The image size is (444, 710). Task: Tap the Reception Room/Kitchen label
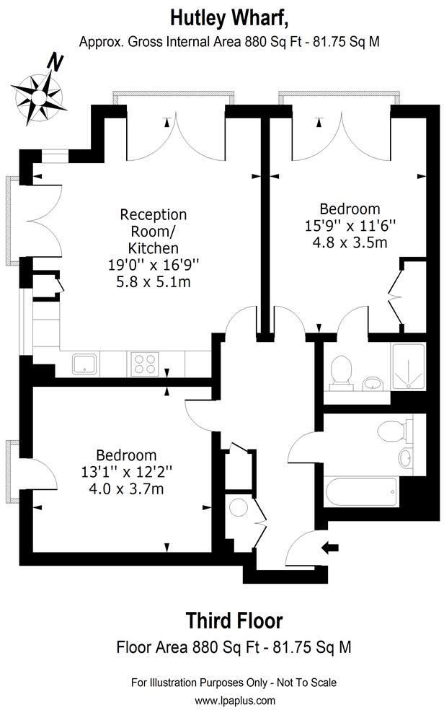[x=153, y=231]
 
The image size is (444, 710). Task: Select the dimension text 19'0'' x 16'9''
[x=153, y=265]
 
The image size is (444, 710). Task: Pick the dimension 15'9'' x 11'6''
[x=351, y=226]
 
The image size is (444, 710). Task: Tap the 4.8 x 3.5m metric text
[x=351, y=242]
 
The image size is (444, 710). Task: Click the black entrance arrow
[x=330, y=548]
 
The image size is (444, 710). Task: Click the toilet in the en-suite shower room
[x=340, y=372]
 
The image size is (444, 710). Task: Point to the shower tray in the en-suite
[x=409, y=367]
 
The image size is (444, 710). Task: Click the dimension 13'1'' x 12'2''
[x=126, y=473]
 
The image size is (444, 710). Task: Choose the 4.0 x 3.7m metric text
[x=126, y=489]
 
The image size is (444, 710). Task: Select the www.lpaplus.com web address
[x=234, y=700]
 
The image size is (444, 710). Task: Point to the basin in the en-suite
[x=373, y=382]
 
